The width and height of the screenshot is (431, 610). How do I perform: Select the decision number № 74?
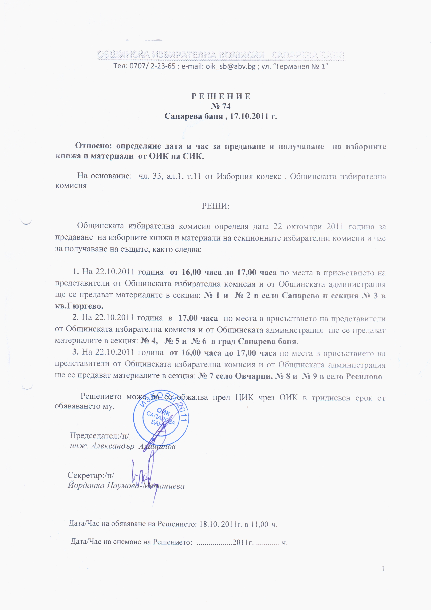point(221,106)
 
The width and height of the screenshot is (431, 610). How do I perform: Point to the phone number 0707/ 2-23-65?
point(152,66)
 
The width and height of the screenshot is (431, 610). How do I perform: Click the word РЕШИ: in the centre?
point(215,206)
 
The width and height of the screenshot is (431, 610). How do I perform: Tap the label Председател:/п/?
point(100,436)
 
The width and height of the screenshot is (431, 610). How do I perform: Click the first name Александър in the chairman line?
point(113,446)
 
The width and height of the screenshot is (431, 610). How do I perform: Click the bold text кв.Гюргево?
point(79,306)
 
